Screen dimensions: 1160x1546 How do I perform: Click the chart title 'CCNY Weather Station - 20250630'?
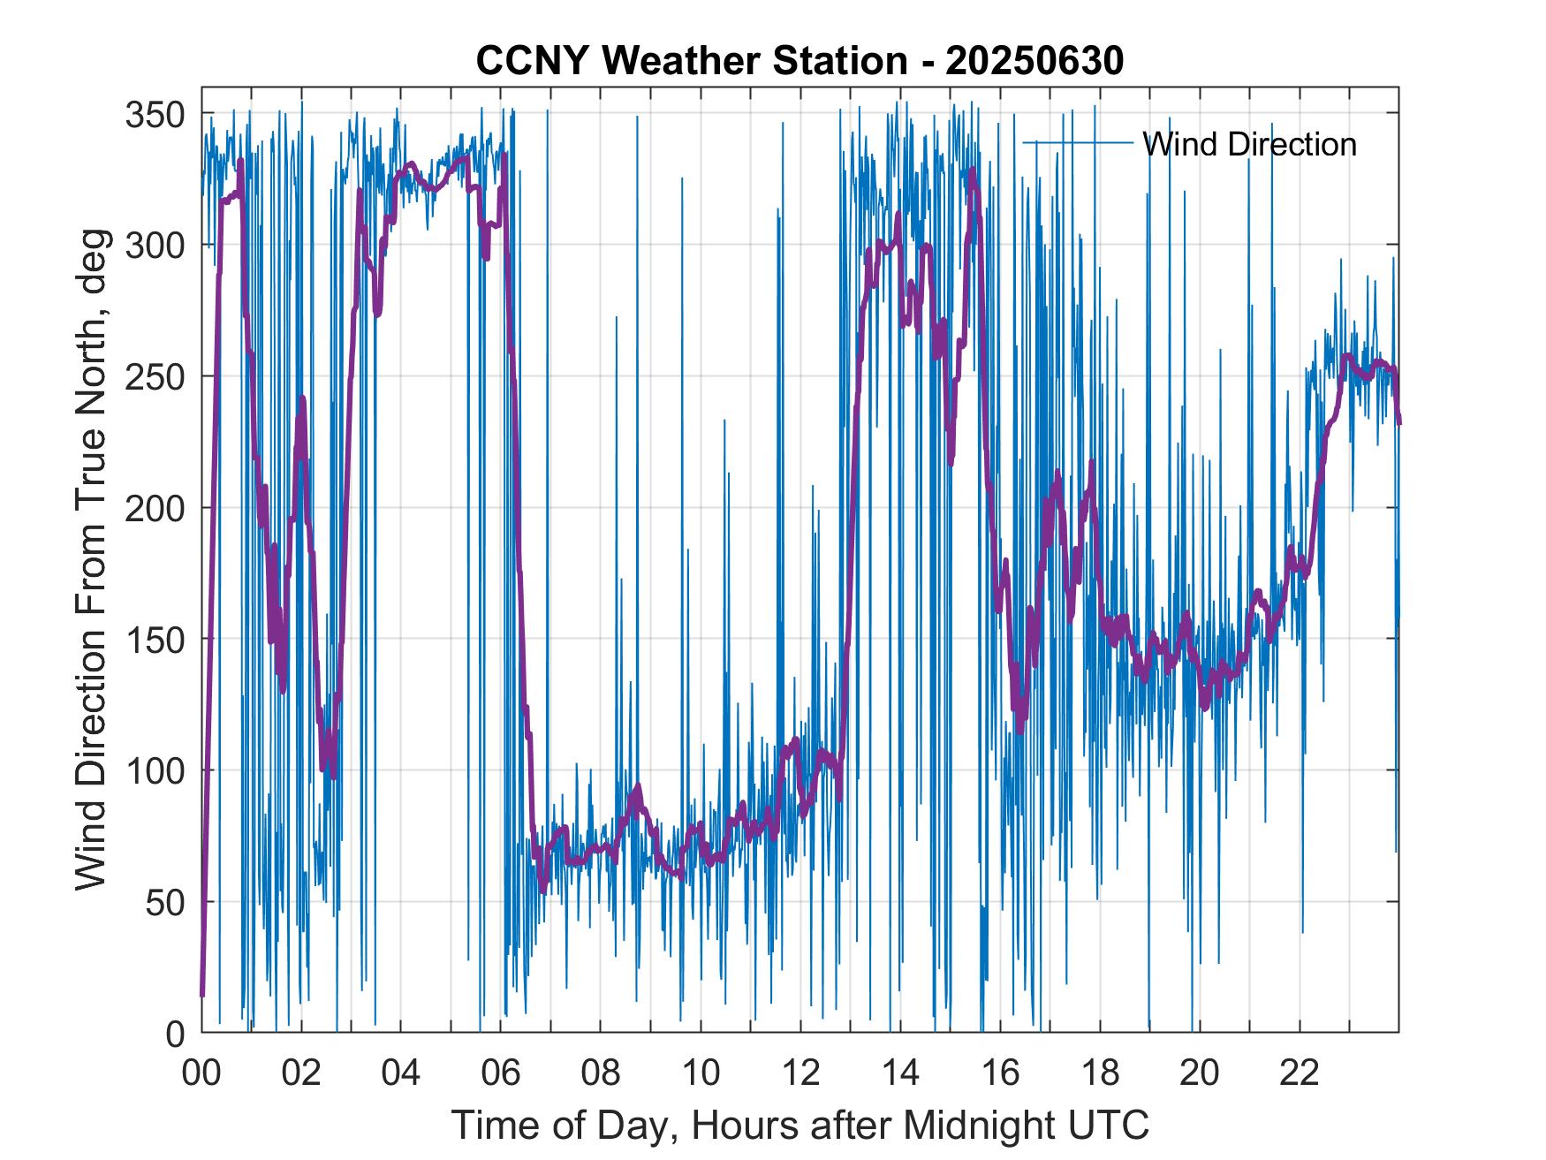pos(800,61)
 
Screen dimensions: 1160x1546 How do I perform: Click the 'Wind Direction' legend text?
pos(1249,144)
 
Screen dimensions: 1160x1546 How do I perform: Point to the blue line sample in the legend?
pos(1078,142)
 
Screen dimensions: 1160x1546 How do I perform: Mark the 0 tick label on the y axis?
pos(175,1034)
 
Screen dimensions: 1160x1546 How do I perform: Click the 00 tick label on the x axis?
pos(201,1073)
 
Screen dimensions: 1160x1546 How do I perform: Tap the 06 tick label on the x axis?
pos(501,1073)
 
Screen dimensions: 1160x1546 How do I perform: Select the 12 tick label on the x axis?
pos(800,1073)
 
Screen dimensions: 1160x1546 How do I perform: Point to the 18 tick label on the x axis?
pos(1100,1073)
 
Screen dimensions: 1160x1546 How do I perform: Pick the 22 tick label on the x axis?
pos(1300,1073)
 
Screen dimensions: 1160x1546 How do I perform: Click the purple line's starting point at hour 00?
pos(202,995)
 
